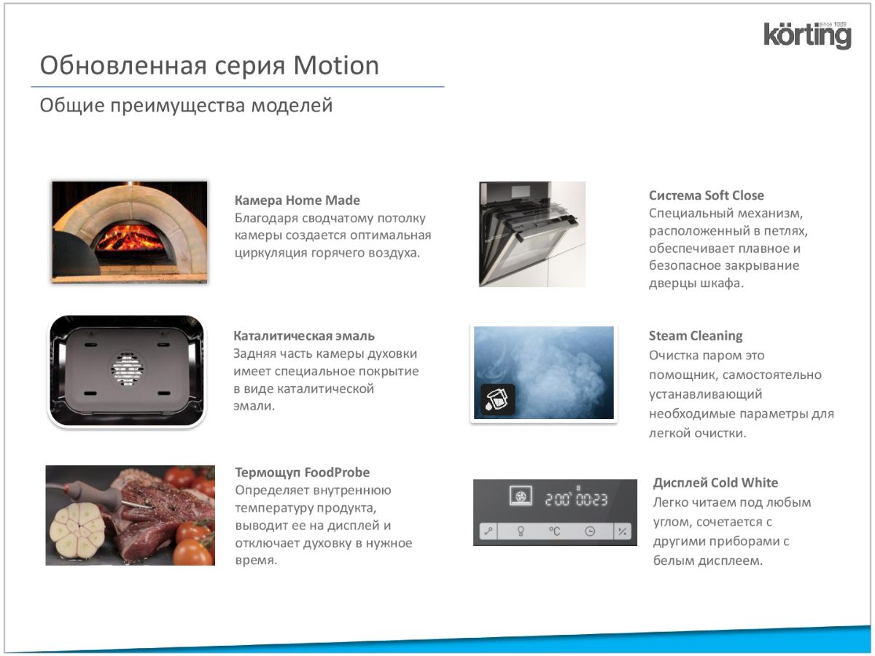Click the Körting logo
click(807, 35)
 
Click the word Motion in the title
click(336, 66)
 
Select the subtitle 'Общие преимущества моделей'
click(186, 106)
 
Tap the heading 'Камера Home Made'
click(297, 200)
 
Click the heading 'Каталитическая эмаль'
click(304, 336)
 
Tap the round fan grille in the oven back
click(127, 368)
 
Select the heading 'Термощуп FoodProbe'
click(302, 472)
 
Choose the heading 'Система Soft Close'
click(707, 195)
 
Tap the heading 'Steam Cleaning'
click(696, 336)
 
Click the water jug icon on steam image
click(497, 399)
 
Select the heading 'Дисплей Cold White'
click(715, 483)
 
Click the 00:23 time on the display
click(592, 499)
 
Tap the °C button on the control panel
click(554, 531)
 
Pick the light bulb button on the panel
click(520, 531)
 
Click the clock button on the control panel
click(590, 531)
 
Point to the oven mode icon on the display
click(521, 496)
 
